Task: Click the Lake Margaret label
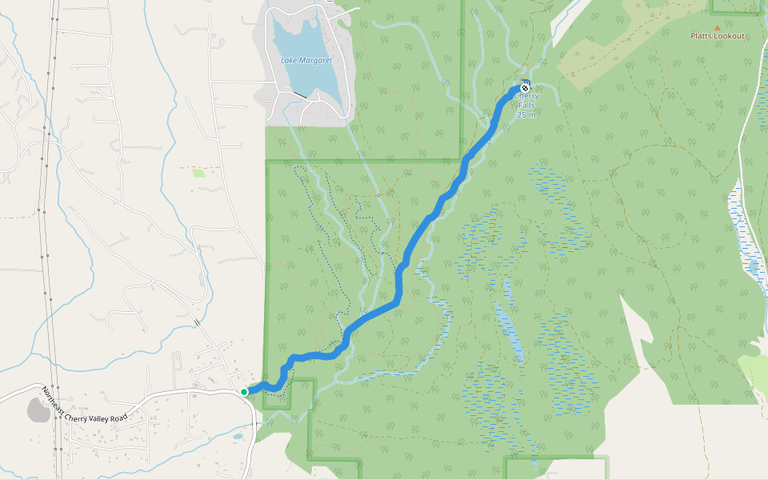pos(306,61)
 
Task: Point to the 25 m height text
pos(526,115)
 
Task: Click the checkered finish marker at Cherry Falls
pos(525,87)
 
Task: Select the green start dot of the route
pos(244,391)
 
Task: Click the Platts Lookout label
pos(718,36)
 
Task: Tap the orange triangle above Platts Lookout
pos(717,26)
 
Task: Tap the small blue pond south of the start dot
pos(238,437)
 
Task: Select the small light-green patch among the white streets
pos(198,172)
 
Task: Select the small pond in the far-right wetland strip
pos(752,265)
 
